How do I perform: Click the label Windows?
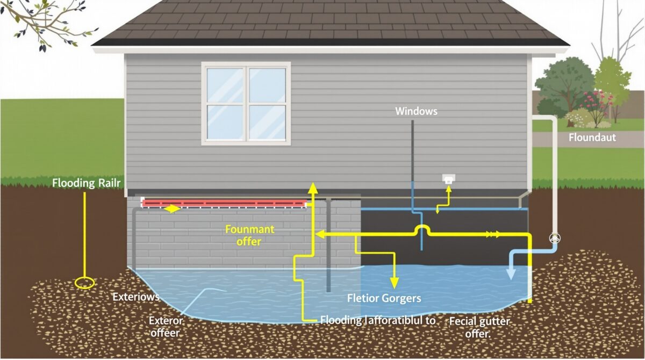pyautogui.click(x=416, y=111)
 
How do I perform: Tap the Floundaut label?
pyautogui.click(x=592, y=138)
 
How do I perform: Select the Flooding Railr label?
pyautogui.click(x=86, y=183)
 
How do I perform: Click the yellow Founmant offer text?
pyautogui.click(x=249, y=235)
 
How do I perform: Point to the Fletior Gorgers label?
pyautogui.click(x=383, y=298)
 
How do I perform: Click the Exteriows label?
pyautogui.click(x=135, y=297)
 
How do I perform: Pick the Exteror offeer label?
pyautogui.click(x=166, y=327)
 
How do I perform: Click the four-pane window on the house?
pyautogui.click(x=246, y=103)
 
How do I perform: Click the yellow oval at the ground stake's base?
pyautogui.click(x=85, y=283)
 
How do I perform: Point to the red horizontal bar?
pyautogui.click(x=223, y=203)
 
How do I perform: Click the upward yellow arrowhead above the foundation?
pyautogui.click(x=312, y=188)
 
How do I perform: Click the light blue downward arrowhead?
pyautogui.click(x=511, y=273)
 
